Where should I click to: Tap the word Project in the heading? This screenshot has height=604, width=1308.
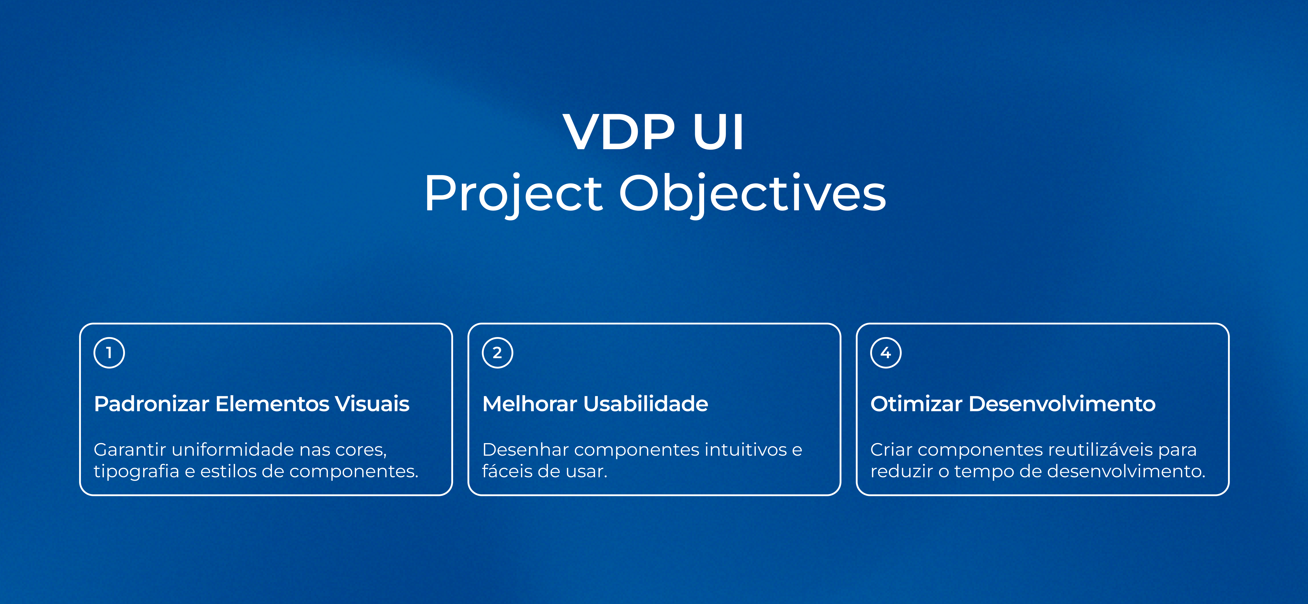pyautogui.click(x=513, y=194)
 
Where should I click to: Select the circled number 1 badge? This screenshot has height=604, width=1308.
pyautogui.click(x=109, y=353)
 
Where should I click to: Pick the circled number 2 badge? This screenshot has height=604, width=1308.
pyautogui.click(x=498, y=353)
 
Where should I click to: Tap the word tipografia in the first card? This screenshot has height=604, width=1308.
pyautogui.click(x=136, y=471)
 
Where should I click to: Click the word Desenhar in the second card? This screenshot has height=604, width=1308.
pyautogui.click(x=525, y=450)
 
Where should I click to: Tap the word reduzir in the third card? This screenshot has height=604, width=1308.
pyautogui.click(x=901, y=471)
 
